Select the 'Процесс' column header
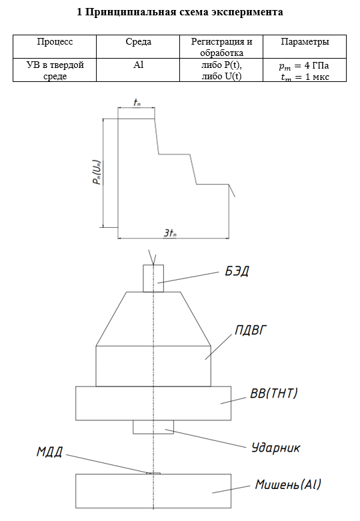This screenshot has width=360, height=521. (55, 42)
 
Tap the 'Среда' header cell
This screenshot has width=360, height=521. (138, 42)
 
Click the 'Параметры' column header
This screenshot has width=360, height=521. (305, 42)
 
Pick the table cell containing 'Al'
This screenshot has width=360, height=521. (138, 70)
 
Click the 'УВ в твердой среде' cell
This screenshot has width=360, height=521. (55, 70)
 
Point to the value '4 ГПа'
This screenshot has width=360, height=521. (317, 65)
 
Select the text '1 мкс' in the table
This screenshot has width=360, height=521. (317, 77)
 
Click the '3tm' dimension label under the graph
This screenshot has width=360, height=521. (170, 233)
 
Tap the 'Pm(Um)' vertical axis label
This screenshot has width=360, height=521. (97, 173)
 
